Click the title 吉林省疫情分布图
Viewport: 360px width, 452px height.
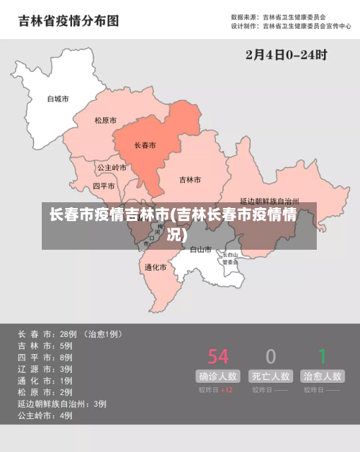(68, 21)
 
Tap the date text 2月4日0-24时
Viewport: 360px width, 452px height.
(286, 55)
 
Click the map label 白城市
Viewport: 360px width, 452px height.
(58, 99)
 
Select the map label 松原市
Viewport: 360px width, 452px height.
(105, 121)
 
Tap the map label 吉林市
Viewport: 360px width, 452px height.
(189, 179)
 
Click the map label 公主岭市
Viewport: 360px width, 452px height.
(112, 167)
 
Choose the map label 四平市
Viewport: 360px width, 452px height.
(104, 186)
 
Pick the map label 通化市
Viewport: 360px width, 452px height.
(156, 267)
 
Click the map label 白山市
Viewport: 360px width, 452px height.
(201, 250)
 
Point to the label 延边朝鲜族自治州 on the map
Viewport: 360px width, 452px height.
(269, 202)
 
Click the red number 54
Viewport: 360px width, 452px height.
(218, 356)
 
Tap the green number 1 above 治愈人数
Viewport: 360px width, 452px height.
(323, 356)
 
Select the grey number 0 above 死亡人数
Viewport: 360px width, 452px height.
(271, 356)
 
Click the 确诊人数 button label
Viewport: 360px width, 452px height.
(218, 376)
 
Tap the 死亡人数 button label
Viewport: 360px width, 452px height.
(271, 376)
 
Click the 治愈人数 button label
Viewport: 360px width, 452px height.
(323, 376)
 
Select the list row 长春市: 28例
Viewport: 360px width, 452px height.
(70, 334)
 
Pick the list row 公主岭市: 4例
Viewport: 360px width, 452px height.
(45, 415)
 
